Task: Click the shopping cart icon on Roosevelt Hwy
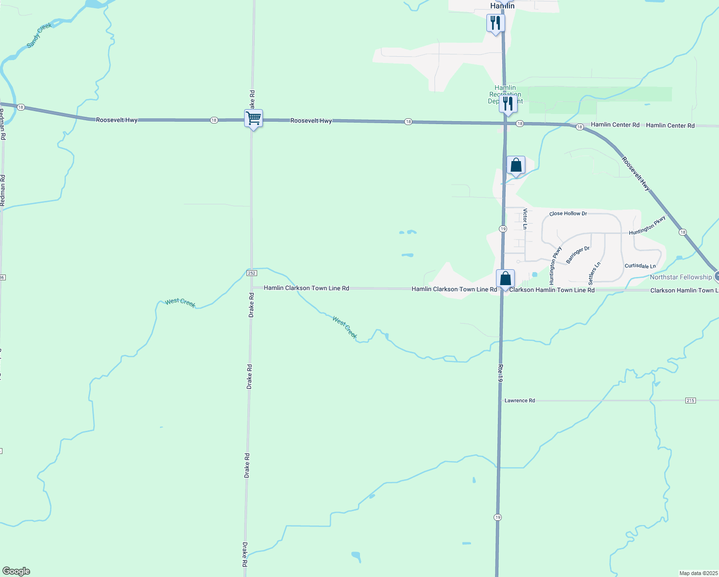point(253,118)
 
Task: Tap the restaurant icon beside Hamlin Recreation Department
point(508,104)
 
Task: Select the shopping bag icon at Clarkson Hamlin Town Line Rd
point(505,279)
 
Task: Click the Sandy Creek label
point(39,36)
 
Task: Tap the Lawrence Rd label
point(520,401)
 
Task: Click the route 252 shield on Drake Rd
point(252,273)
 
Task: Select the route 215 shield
point(691,401)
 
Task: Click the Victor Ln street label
point(525,219)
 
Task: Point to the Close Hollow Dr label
point(568,213)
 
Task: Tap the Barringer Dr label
point(578,255)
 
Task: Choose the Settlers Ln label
point(594,274)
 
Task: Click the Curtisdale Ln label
point(640,266)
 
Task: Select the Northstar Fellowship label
point(681,277)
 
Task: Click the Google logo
point(16,571)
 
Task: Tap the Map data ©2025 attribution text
point(698,573)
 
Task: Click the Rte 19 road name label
point(500,373)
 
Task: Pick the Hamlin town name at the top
point(502,6)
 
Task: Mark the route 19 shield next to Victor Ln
point(503,229)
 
